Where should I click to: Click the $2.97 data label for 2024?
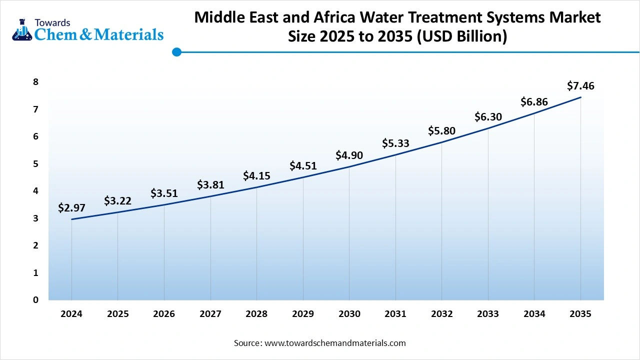click(x=71, y=207)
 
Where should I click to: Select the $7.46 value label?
click(x=580, y=86)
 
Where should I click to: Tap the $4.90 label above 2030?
click(x=349, y=155)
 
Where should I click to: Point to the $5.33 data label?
click(x=395, y=143)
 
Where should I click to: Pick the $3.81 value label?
click(x=210, y=185)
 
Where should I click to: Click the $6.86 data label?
click(x=534, y=102)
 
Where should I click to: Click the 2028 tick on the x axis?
click(x=256, y=314)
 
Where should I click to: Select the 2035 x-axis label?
click(x=580, y=314)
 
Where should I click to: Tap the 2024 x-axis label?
click(x=71, y=314)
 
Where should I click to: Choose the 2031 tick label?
click(x=395, y=314)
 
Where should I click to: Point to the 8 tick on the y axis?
click(x=35, y=82)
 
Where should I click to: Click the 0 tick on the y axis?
click(x=35, y=300)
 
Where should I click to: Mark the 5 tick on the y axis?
click(x=35, y=164)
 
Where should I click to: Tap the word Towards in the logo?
click(x=52, y=22)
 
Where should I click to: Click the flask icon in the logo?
click(x=21, y=30)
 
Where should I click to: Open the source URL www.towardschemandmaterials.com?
click(x=334, y=343)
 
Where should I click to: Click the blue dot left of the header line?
click(x=176, y=52)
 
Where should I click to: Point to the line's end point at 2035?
click(x=580, y=97)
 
